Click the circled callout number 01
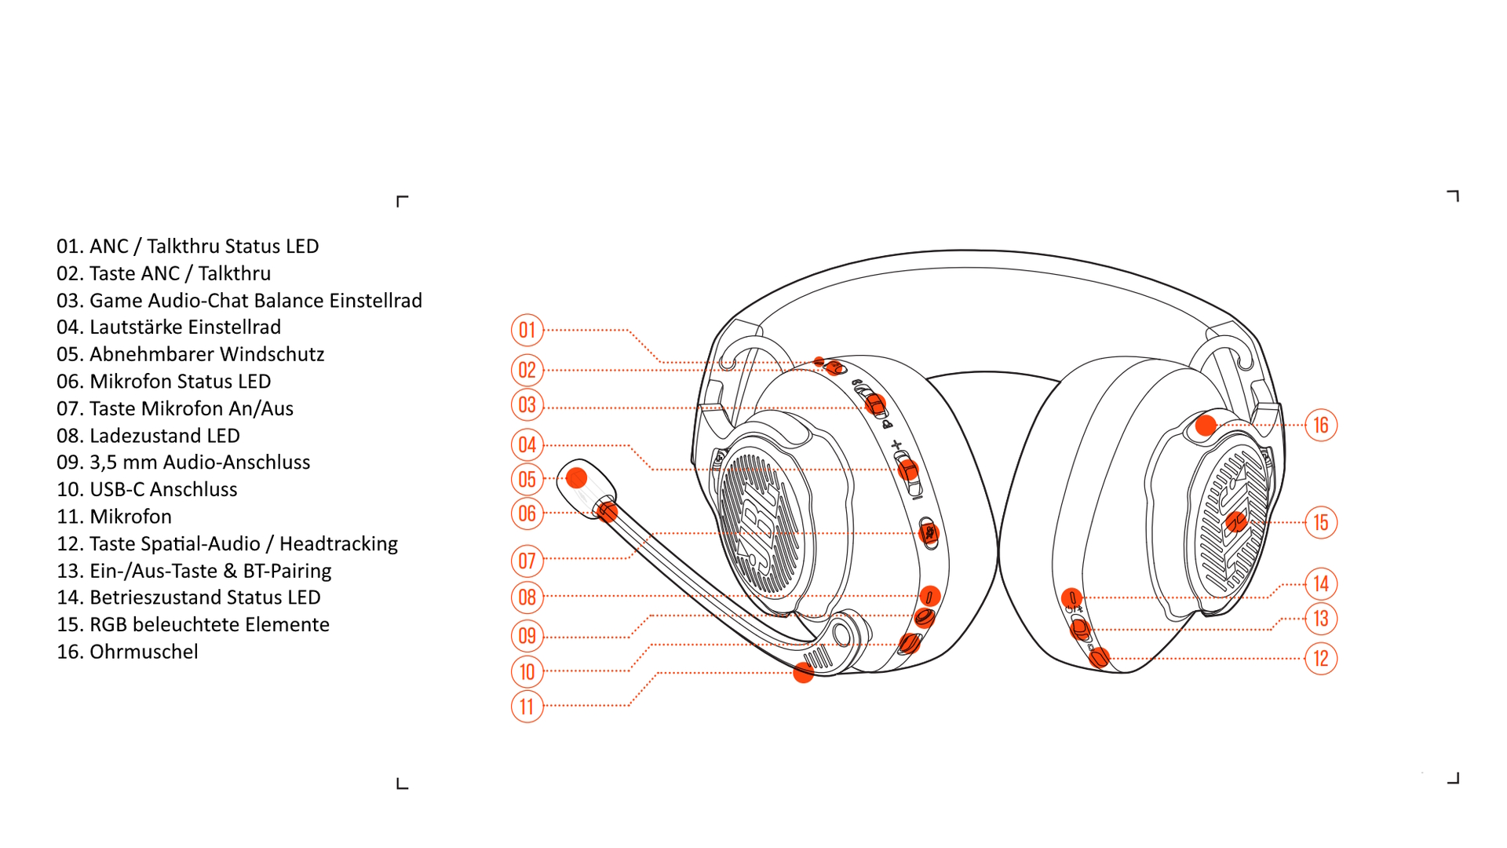(527, 330)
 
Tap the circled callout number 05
(527, 479)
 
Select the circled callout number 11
(527, 707)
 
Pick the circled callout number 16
(1321, 425)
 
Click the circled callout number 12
(1321, 658)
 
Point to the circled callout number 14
(1321, 583)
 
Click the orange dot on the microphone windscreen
(577, 477)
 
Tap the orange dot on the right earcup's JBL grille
(1236, 521)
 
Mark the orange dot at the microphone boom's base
(803, 673)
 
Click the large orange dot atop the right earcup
(1206, 426)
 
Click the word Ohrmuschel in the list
(144, 652)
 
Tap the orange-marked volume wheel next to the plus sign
(908, 470)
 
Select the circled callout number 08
(527, 597)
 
